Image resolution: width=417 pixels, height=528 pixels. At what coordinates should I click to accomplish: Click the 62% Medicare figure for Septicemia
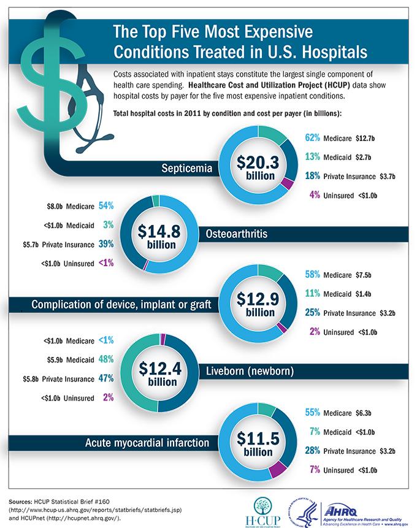[x=313, y=138]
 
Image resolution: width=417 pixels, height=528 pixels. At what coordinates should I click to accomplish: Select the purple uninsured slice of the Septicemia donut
[x=286, y=182]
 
